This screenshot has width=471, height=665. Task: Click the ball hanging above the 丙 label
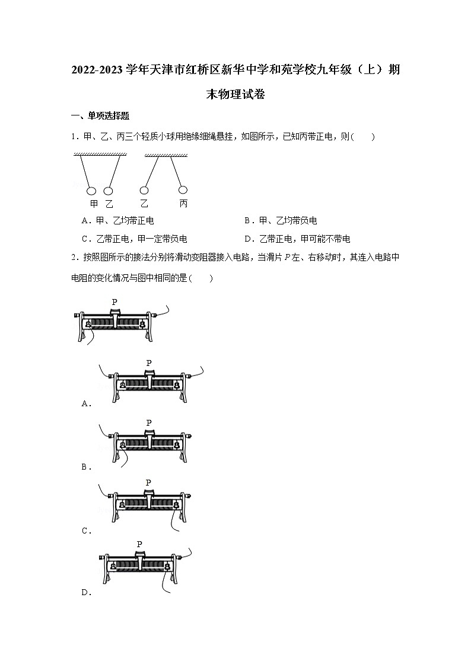tap(183, 189)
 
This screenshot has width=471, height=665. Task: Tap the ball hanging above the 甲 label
tap(92, 191)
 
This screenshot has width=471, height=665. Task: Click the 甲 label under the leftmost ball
tap(94, 204)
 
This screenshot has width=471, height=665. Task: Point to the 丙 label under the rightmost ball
tap(183, 204)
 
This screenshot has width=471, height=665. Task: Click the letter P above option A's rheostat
tap(148, 362)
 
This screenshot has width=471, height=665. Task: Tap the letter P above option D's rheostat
tap(139, 544)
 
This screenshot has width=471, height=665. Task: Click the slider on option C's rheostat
tap(148, 497)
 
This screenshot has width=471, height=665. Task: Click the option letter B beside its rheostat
tap(85, 467)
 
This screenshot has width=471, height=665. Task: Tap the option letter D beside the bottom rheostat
tap(85, 592)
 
